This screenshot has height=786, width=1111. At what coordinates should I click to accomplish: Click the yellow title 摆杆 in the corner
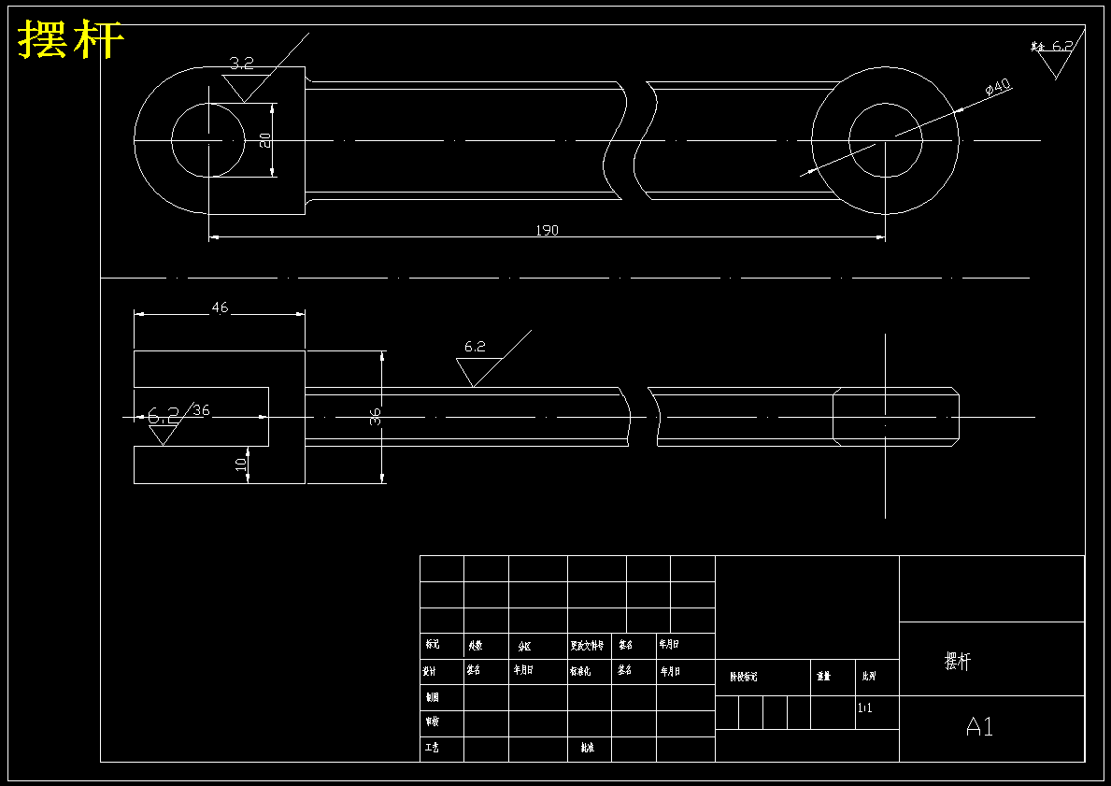(x=71, y=40)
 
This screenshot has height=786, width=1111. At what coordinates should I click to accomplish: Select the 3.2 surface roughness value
(x=241, y=64)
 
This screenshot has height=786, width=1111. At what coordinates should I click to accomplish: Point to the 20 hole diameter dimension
(x=265, y=139)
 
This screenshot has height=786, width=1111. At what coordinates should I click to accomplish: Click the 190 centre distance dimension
(x=547, y=230)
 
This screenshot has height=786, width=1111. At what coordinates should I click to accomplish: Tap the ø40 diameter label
(x=998, y=88)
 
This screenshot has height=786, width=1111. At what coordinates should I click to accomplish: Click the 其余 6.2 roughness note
(x=1053, y=47)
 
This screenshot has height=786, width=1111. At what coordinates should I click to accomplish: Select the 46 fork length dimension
(x=220, y=307)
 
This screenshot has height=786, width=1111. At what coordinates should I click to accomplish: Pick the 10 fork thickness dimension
(x=241, y=463)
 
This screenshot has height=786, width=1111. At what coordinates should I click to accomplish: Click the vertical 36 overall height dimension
(x=376, y=417)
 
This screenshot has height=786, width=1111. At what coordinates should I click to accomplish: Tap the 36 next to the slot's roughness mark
(x=201, y=410)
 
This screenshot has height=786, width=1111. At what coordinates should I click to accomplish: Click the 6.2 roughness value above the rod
(x=475, y=347)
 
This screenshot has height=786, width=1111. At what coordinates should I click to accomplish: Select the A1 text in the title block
(x=979, y=726)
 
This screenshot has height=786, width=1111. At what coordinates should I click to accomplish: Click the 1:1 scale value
(x=865, y=708)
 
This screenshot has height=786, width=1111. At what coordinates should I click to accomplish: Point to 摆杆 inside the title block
(x=958, y=662)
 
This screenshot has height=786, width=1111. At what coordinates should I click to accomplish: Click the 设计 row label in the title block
(x=431, y=670)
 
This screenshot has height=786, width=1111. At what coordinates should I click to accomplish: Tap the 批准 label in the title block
(x=587, y=748)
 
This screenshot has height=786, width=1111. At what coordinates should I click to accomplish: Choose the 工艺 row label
(x=431, y=748)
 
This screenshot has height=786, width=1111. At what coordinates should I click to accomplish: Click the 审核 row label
(x=431, y=722)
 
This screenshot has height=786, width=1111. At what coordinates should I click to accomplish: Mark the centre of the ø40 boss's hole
(x=885, y=140)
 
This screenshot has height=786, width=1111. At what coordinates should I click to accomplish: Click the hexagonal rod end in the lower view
(x=895, y=417)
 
